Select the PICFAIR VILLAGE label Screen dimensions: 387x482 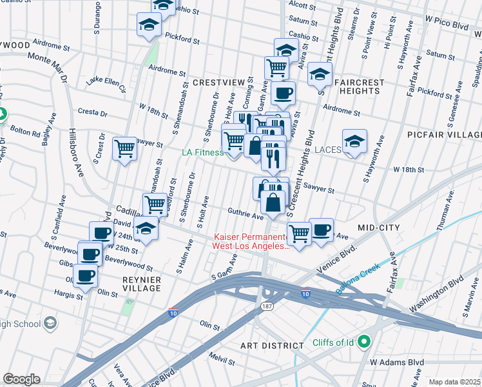tap(444, 134)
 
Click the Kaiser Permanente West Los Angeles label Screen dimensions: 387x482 tap(251, 242)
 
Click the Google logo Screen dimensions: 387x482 tap(21, 379)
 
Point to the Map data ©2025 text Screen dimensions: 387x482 tap(454, 382)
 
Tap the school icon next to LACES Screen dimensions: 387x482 tap(354, 142)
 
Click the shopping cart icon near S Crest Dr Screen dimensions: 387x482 tap(125, 149)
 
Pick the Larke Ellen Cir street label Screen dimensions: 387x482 tap(107, 84)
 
